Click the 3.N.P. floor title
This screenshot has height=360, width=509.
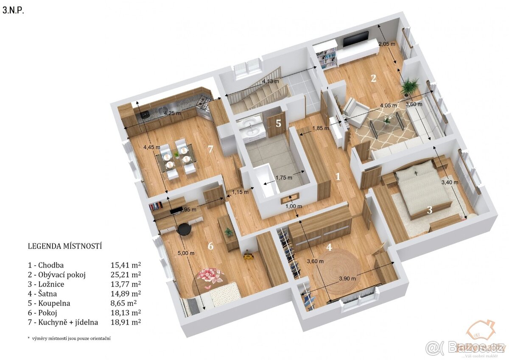click(13, 11)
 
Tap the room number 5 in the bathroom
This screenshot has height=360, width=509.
click(278, 123)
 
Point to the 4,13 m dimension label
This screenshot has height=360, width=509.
click(270, 81)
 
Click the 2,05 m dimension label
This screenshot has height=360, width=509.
click(386, 44)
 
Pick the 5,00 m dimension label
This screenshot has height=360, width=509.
click(186, 253)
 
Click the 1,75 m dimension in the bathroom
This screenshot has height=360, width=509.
click(284, 178)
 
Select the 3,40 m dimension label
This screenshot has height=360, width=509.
click(450, 182)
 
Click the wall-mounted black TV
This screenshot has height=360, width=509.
click(355, 39)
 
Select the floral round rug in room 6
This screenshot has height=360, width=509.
click(211, 276)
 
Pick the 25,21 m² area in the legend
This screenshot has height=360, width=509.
click(126, 275)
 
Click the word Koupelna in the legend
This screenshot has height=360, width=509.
click(53, 303)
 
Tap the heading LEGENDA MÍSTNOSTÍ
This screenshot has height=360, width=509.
click(65, 246)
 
